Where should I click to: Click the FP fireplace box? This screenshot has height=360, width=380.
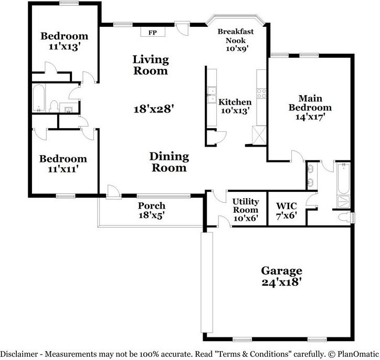pos(153,32)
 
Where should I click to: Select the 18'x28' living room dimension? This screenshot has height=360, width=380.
pos(154,109)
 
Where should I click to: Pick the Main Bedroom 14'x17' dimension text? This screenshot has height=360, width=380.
pos(310,117)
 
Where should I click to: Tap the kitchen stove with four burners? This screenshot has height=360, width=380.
pos(261,94)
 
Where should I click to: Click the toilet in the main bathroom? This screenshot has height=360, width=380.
pos(346,217)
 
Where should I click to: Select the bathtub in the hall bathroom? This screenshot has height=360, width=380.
pos(39,98)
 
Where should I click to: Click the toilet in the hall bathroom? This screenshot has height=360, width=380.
pos(54,106)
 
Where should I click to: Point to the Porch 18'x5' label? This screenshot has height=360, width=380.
pos(152,210)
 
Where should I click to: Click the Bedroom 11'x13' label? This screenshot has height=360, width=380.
pos(64,41)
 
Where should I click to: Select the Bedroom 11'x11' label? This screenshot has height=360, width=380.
pos(63,163)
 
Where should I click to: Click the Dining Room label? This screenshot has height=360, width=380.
pos(169,162)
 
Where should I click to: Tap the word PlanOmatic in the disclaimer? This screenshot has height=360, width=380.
pos(358,354)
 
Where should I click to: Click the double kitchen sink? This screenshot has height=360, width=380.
pos(212,95)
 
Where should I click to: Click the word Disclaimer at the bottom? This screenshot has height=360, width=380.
pos(19,354)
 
